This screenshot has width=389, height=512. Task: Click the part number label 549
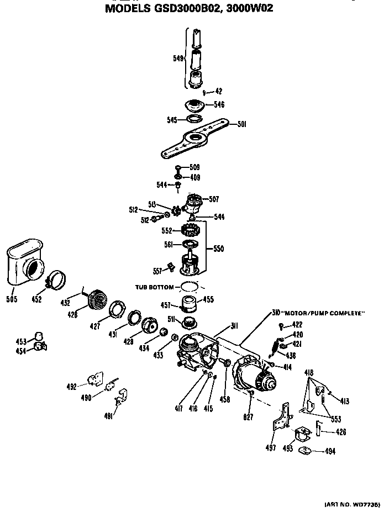[177, 57]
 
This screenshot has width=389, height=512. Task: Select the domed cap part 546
[193, 105]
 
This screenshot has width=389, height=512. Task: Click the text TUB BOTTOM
[154, 287]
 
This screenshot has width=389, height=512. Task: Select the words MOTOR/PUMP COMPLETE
[324, 313]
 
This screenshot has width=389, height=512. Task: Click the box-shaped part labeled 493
[303, 434]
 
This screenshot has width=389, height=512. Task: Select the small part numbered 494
[305, 451]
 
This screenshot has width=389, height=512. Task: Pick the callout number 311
[234, 326]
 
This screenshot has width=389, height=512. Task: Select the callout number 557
[158, 271]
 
